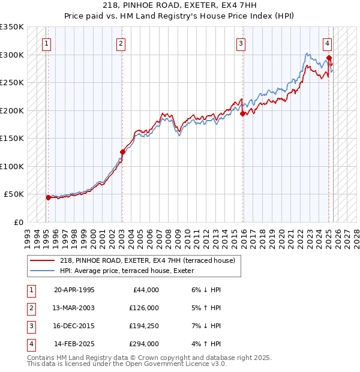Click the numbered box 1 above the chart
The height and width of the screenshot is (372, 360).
click(46, 43)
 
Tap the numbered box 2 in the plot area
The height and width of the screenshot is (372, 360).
click(121, 43)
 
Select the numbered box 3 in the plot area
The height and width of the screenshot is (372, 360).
click(241, 43)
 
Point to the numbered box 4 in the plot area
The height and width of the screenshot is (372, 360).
click(328, 43)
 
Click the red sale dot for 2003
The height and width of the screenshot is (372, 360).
click(122, 152)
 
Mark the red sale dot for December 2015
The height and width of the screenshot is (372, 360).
click(242, 113)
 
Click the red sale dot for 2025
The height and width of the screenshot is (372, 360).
click(329, 58)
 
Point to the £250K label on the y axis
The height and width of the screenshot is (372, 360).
click(12, 83)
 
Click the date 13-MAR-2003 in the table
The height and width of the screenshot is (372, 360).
click(74, 308)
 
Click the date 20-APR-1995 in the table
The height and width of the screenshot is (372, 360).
click(74, 290)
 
